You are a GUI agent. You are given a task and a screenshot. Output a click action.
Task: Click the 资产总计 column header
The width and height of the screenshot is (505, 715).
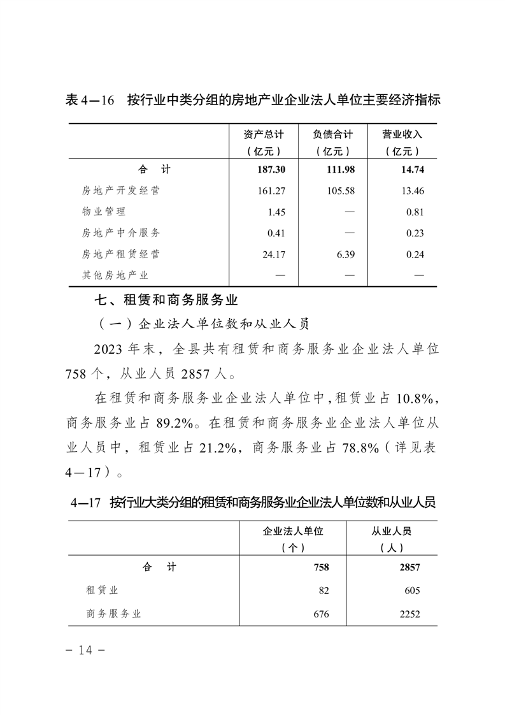[263, 135]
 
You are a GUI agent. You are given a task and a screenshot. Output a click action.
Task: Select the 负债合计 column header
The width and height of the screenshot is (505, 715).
[332, 135]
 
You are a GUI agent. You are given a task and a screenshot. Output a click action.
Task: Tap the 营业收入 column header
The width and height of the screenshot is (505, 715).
[402, 135]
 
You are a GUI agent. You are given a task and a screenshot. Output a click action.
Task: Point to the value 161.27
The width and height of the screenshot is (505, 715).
[270, 191]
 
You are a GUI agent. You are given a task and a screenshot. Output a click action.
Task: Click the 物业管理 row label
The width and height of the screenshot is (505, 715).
[103, 212]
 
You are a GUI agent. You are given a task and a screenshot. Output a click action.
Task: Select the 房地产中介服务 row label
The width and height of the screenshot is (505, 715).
[120, 233]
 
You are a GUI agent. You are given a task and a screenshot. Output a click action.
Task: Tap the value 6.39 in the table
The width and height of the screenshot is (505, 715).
[344, 254]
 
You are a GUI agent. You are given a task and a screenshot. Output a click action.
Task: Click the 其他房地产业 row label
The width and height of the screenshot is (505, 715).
[115, 275]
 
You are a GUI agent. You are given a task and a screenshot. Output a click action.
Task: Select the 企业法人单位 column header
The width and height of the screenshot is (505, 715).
[293, 531]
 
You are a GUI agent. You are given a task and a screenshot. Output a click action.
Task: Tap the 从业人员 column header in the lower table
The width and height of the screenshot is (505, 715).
[392, 531]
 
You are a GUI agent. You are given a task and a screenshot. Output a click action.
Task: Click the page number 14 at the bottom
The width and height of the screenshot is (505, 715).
[86, 650]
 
